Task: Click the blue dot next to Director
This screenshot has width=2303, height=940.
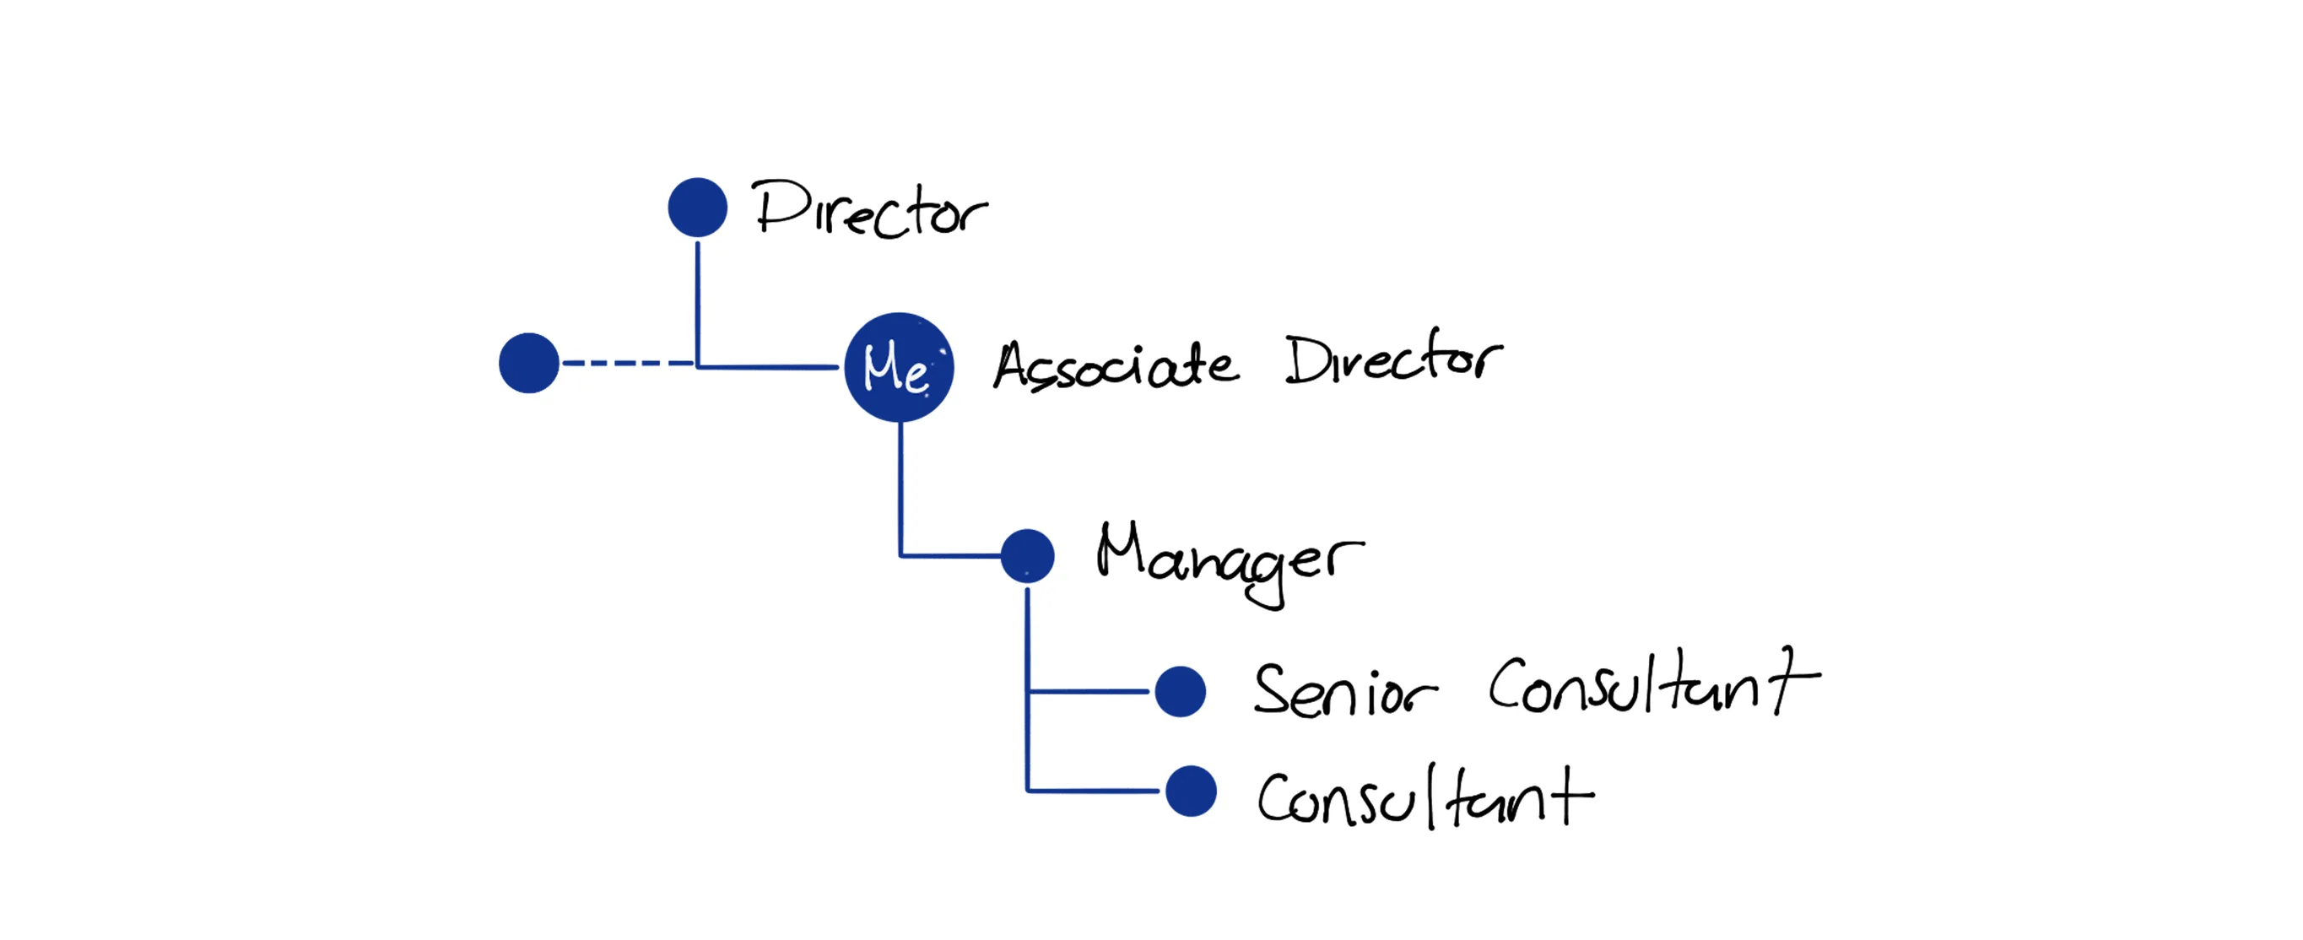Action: click(x=697, y=208)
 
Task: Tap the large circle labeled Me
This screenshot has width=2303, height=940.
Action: click(x=900, y=366)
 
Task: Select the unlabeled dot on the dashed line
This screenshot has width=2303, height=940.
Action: click(x=528, y=363)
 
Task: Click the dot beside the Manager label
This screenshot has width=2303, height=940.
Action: click(x=1027, y=556)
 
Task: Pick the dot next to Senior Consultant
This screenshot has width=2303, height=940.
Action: click(x=1180, y=691)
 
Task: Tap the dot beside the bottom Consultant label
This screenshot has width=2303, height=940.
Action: click(x=1191, y=791)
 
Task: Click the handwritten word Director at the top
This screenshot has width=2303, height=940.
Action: click(x=869, y=210)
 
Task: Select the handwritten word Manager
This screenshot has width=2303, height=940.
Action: click(x=1230, y=559)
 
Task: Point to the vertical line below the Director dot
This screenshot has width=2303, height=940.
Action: click(x=697, y=300)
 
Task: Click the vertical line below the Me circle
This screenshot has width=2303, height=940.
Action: click(x=900, y=487)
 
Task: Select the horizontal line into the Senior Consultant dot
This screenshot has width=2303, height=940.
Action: click(x=1088, y=691)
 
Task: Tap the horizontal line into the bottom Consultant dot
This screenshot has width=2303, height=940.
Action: click(x=1093, y=791)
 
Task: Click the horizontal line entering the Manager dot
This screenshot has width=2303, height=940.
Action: click(x=950, y=556)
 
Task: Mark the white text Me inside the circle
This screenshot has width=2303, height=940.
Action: click(x=895, y=368)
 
